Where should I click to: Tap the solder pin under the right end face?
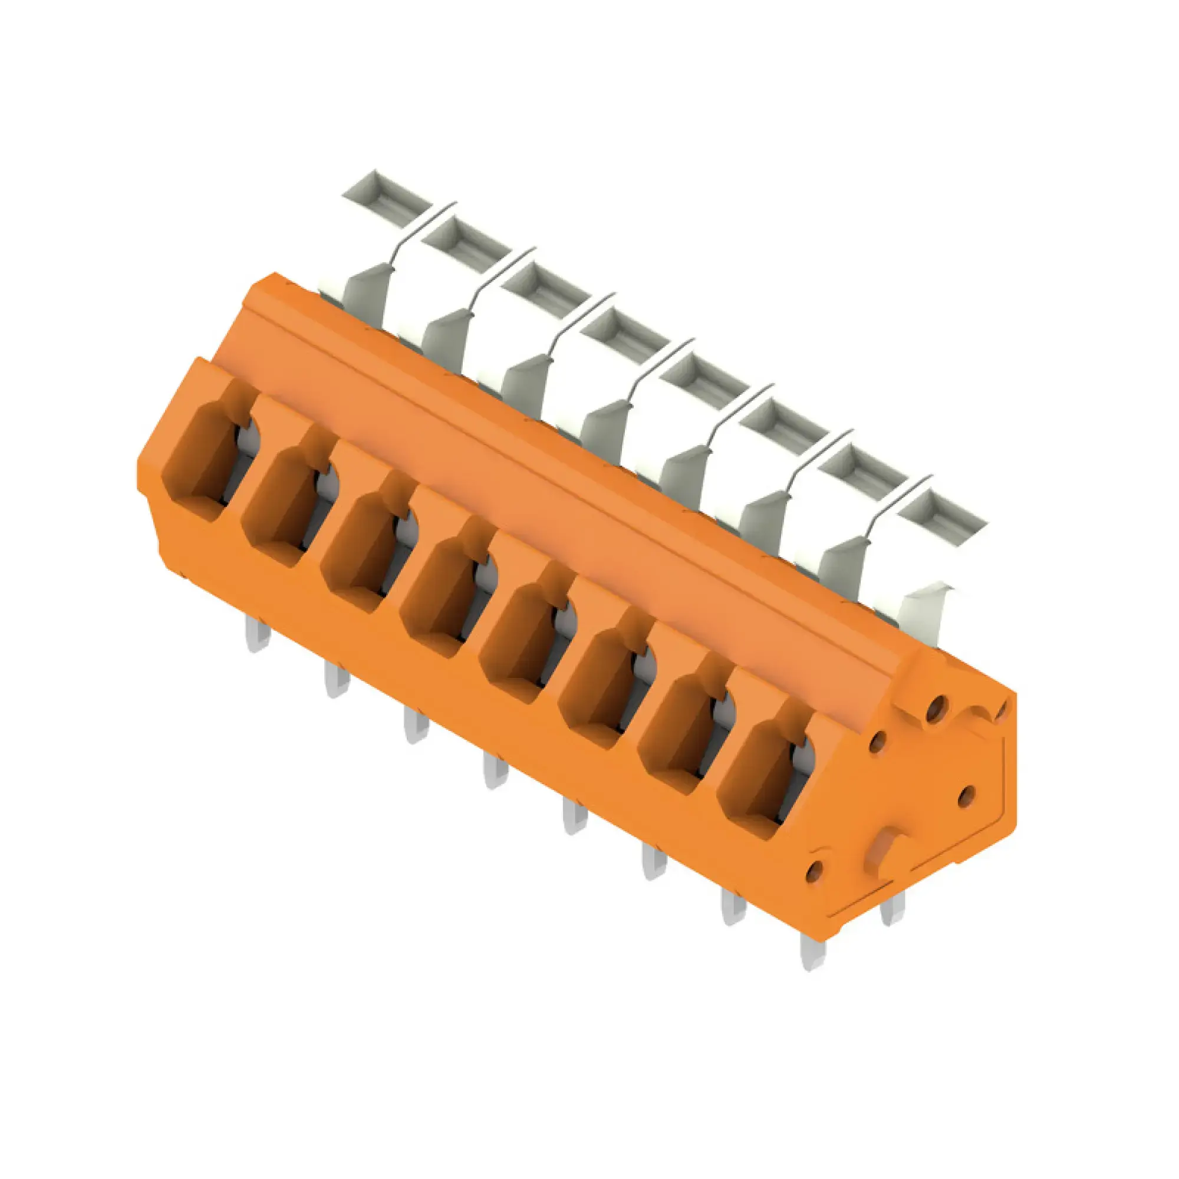click(892, 912)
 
